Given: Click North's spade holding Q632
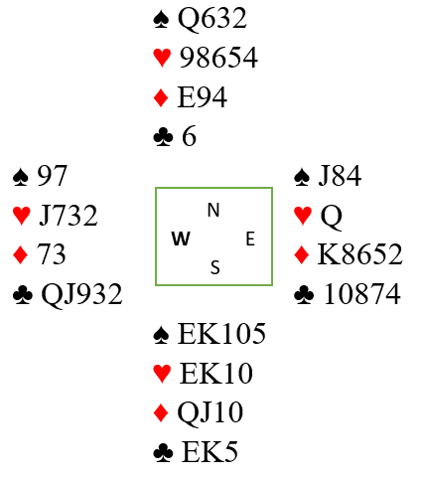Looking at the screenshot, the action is pyautogui.click(x=212, y=19).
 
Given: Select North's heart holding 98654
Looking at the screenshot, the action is pyautogui.click(x=218, y=58).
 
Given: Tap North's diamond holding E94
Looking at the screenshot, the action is pyautogui.click(x=203, y=97).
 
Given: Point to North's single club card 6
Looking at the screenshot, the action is pyautogui.click(x=189, y=136).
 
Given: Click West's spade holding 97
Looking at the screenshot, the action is pyautogui.click(x=53, y=176).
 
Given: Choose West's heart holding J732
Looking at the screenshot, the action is pyautogui.click(x=69, y=216).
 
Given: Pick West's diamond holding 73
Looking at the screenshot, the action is pyautogui.click(x=52, y=254).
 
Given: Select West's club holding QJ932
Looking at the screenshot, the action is pyautogui.click(x=81, y=294).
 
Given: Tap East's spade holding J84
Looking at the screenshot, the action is pyautogui.click(x=340, y=176).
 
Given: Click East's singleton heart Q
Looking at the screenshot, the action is pyautogui.click(x=332, y=217).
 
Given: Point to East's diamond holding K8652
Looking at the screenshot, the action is pyautogui.click(x=360, y=254).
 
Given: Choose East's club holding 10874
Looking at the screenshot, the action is pyautogui.click(x=362, y=294).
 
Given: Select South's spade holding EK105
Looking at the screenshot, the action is pyautogui.click(x=221, y=334).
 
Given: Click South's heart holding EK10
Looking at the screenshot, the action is pyautogui.click(x=216, y=373).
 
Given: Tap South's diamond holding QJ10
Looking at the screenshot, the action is pyautogui.click(x=211, y=413).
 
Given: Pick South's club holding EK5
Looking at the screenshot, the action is pyautogui.click(x=210, y=451).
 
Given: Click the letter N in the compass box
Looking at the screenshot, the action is pyautogui.click(x=213, y=210).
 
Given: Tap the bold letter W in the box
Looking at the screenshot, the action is pyautogui.click(x=181, y=239).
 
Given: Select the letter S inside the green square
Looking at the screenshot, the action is pyautogui.click(x=215, y=267).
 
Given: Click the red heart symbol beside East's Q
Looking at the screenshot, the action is pyautogui.click(x=303, y=216).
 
